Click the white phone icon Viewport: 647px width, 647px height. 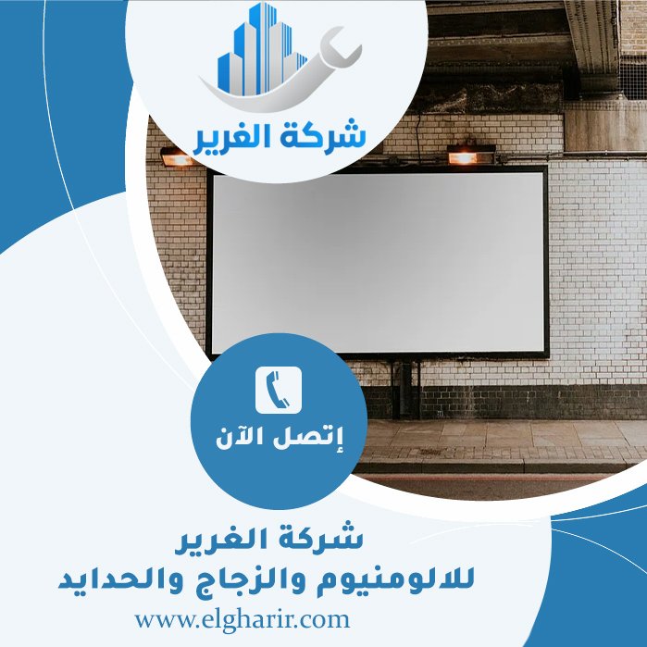(279, 390)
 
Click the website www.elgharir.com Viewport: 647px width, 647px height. (242, 617)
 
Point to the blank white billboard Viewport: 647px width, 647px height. (378, 261)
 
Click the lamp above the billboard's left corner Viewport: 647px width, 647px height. (175, 158)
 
